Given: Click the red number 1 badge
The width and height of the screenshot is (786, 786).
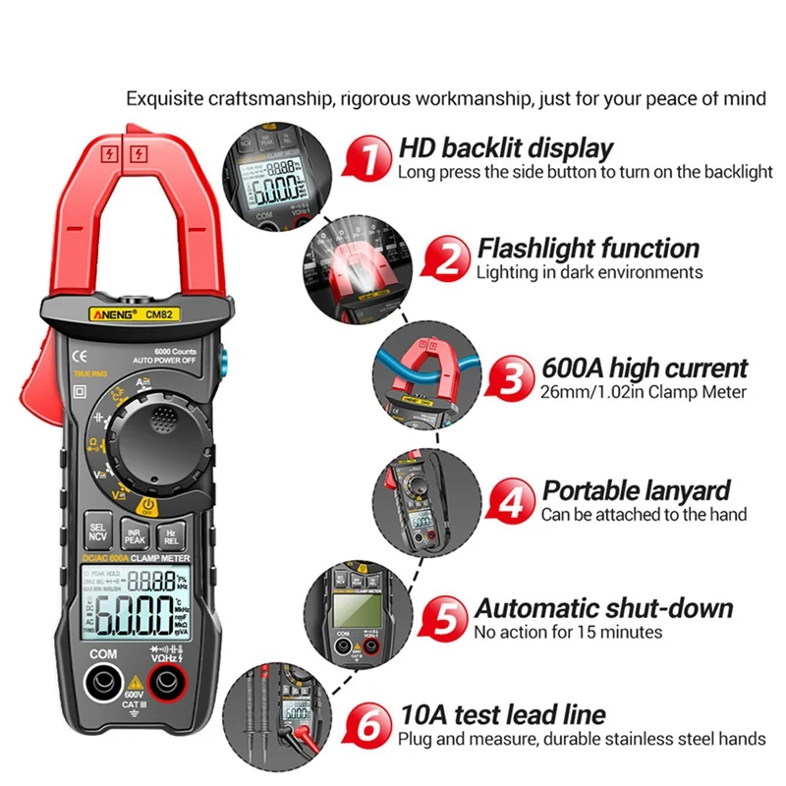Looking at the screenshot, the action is pos(365,159).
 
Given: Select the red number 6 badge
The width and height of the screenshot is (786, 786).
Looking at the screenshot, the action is pos(366,727).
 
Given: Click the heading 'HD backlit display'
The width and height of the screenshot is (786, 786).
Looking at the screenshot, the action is pos(506,148).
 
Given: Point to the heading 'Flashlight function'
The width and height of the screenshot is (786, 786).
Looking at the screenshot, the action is pos(589,248).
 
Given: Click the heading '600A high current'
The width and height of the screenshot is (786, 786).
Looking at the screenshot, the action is pos(645,368).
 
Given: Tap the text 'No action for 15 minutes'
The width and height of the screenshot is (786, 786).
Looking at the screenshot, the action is pos(568,633).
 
